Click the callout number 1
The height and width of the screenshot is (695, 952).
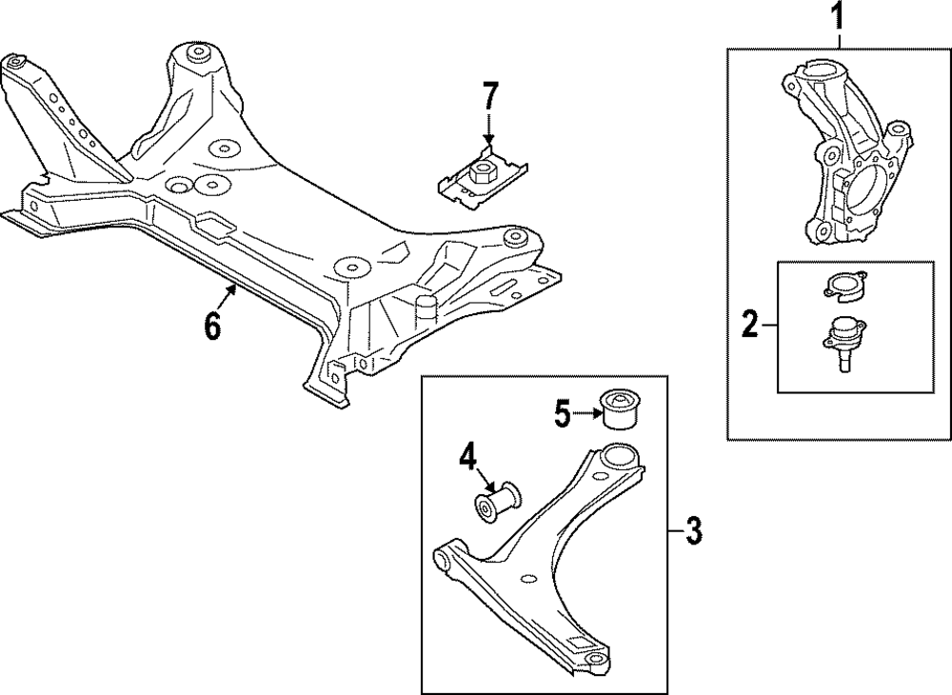click(x=838, y=16)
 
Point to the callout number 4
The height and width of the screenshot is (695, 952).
click(x=466, y=457)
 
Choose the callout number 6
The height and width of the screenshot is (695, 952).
click(x=211, y=326)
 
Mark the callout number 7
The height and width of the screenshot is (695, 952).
click(x=489, y=95)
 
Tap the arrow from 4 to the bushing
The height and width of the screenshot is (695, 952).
click(x=486, y=481)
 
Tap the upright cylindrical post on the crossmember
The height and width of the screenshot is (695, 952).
click(x=425, y=308)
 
